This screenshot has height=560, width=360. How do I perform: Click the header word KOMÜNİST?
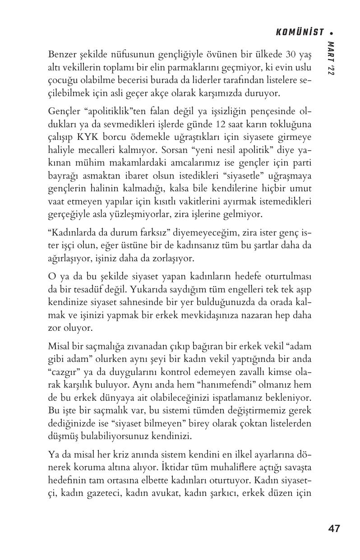tap(300, 32)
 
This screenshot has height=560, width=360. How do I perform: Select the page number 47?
tap(334, 528)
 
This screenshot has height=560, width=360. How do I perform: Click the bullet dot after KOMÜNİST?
tap(332, 32)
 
